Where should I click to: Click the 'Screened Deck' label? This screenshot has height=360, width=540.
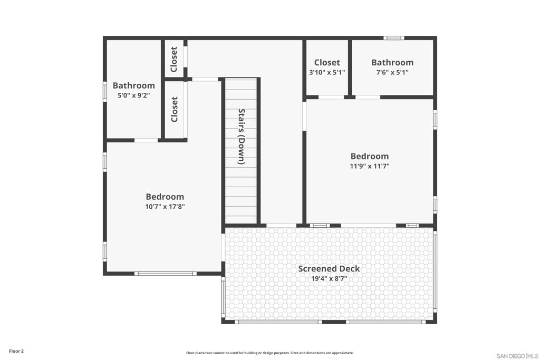point(329,269)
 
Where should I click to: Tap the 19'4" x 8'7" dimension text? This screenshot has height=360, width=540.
point(329,279)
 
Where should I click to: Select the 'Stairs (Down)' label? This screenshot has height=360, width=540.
point(242,137)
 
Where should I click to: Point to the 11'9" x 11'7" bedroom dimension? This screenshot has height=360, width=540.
point(370,167)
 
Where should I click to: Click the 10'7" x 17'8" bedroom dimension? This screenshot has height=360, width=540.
point(165,207)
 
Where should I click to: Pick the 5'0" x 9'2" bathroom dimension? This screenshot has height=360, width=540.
point(134,95)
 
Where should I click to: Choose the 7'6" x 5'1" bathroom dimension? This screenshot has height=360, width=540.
point(392,73)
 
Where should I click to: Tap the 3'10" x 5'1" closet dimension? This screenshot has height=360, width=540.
point(327,73)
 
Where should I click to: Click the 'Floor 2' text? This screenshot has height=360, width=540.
point(16,351)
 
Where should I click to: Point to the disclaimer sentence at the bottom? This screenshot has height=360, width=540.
point(270,353)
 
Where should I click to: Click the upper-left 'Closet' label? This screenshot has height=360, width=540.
point(174,60)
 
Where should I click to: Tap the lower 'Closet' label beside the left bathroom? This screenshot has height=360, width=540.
point(175,110)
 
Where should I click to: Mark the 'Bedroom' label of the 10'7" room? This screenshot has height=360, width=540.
point(165,197)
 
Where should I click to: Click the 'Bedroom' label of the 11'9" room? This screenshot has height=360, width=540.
point(370,157)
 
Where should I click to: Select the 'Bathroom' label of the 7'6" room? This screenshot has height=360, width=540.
point(392,62)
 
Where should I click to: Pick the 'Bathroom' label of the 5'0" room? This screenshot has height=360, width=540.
point(134,85)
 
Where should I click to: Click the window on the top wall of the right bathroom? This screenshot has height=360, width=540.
point(393,38)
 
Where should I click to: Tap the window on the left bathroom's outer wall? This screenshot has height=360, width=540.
point(105,91)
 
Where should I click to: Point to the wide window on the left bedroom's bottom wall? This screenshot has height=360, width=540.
point(165,274)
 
